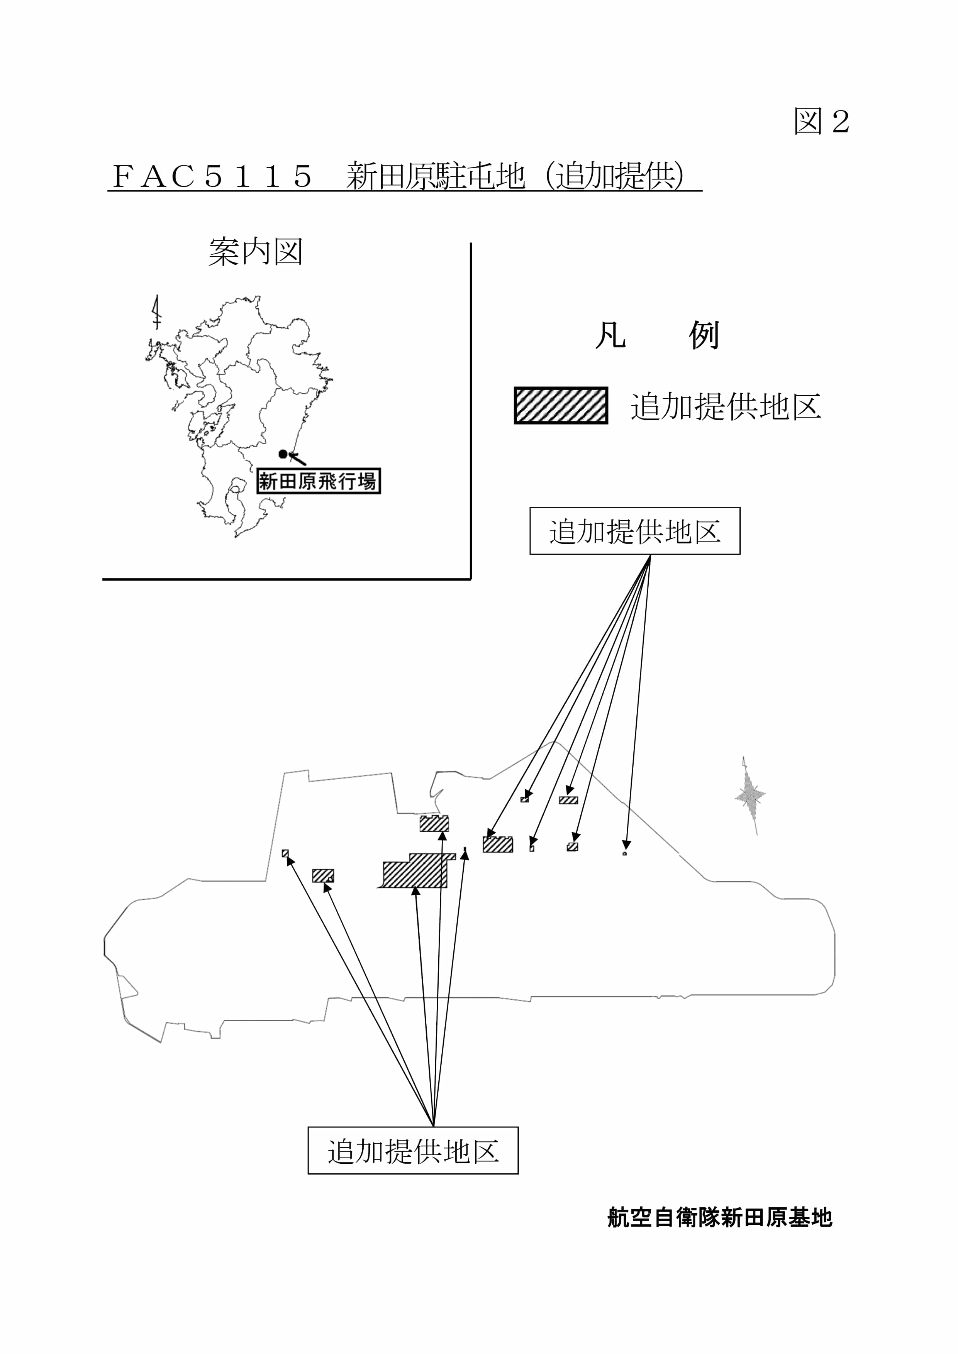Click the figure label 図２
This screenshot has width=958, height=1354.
click(821, 122)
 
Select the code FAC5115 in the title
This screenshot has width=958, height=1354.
click(212, 176)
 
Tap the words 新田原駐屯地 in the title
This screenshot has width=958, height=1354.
click(435, 176)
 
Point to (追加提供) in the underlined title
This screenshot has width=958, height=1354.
click(614, 176)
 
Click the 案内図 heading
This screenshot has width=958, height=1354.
click(255, 252)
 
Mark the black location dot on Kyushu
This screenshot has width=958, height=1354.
click(283, 454)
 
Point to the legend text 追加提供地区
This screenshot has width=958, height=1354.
click(726, 407)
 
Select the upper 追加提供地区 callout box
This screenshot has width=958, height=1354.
click(635, 531)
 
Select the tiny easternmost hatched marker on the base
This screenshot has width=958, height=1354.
click(625, 853)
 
